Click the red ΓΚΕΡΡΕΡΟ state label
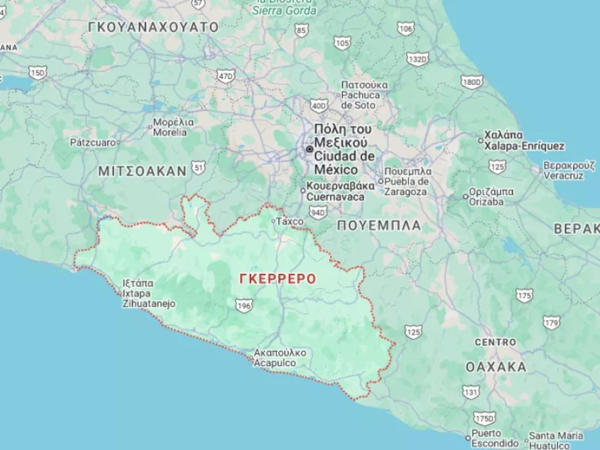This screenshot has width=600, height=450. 277,279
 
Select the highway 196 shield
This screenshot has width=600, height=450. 244,306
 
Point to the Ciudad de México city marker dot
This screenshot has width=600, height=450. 309,149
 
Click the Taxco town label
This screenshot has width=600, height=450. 289,222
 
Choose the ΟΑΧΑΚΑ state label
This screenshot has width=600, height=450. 496,367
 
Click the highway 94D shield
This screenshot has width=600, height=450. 318,212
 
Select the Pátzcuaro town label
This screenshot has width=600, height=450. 93,143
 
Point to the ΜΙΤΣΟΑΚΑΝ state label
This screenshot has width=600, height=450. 142,171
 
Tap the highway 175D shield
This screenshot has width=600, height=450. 484,419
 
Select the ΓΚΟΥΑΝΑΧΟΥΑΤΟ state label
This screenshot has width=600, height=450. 153,27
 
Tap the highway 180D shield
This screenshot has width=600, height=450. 471,82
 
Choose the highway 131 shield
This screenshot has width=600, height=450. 471,391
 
